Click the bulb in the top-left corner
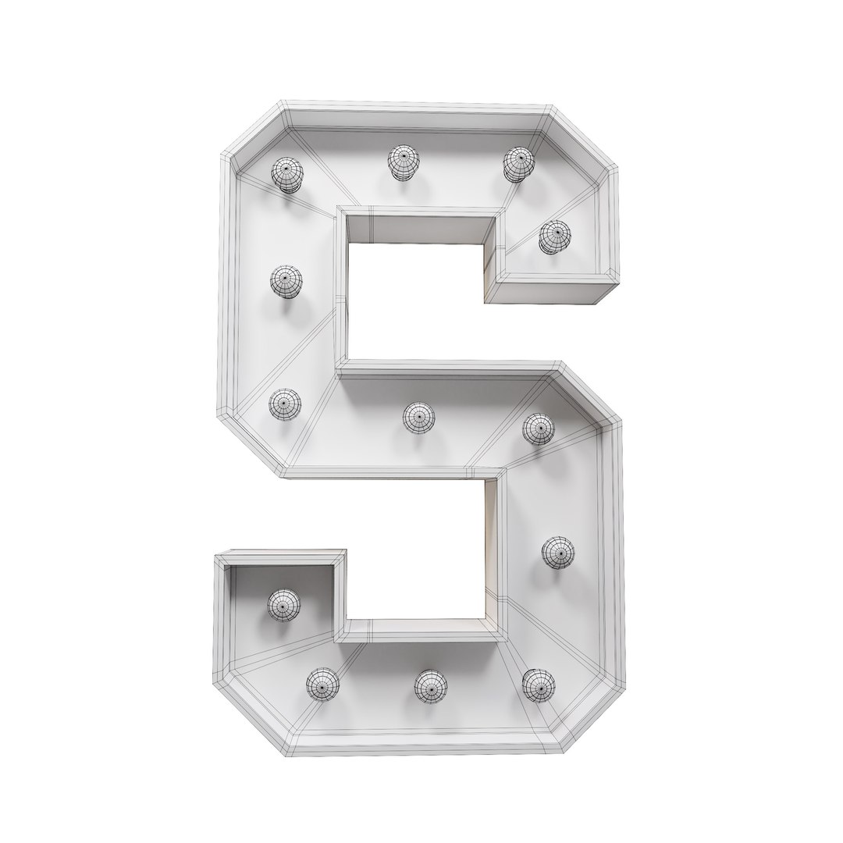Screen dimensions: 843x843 286,174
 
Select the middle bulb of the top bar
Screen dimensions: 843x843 404,161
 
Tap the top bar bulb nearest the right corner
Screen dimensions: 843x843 517,163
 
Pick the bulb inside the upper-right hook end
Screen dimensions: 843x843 554,236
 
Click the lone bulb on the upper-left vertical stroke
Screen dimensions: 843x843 286,281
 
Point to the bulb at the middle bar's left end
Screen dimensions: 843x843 285,404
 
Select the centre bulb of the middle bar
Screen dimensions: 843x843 419,417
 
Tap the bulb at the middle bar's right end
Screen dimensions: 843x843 538,429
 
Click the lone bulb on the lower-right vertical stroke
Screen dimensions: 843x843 557,552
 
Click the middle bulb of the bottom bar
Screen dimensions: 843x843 430,685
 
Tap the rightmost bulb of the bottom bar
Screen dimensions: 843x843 538,685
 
